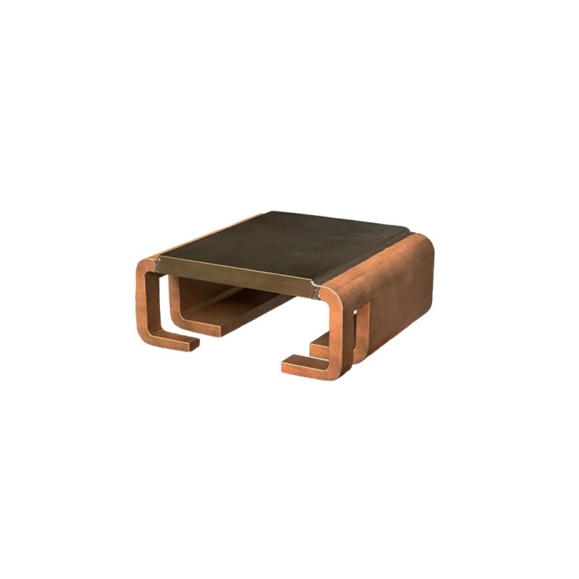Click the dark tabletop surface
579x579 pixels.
(x=289, y=242)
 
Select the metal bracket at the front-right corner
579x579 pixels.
(x=316, y=291)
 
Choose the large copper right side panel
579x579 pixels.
(x=394, y=289)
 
